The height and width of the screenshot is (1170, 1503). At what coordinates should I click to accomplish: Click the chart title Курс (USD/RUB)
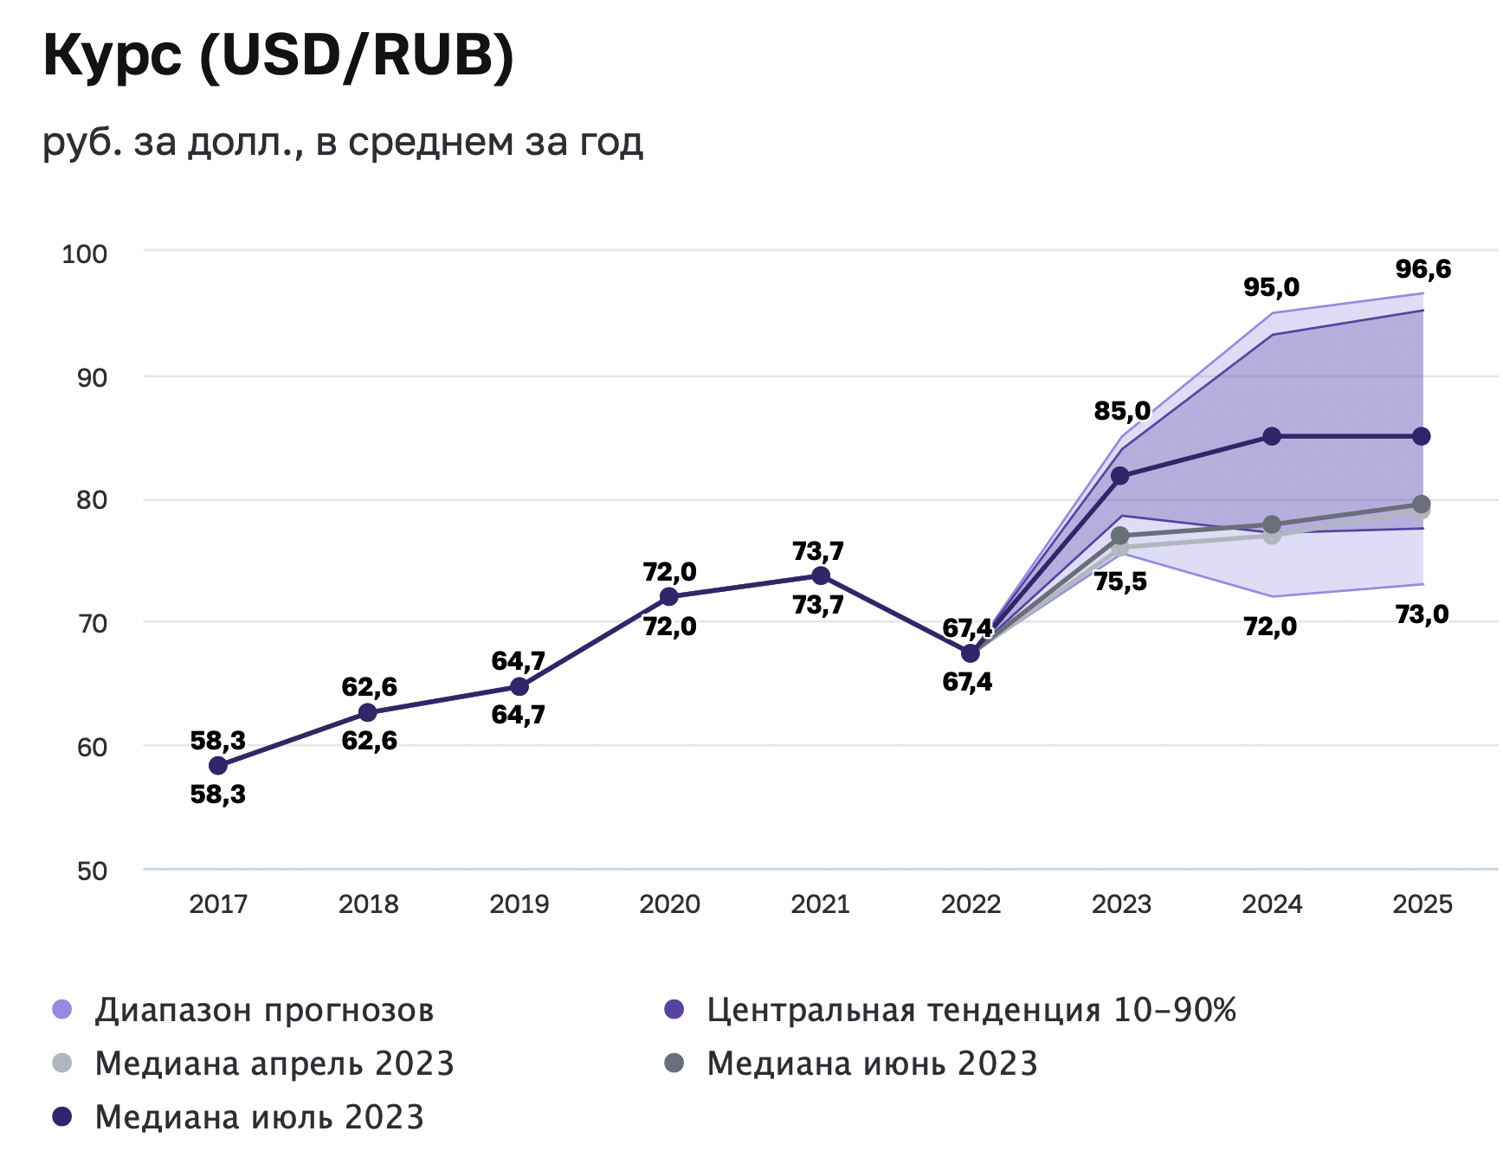[278, 56]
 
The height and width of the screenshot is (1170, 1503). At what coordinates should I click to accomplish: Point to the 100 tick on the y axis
[84, 254]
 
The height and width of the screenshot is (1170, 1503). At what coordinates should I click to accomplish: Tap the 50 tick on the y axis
[92, 871]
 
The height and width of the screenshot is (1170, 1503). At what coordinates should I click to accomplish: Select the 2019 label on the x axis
[519, 904]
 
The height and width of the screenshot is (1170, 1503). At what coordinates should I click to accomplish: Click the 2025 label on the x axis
[1422, 904]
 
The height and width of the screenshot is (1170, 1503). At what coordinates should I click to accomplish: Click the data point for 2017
[218, 766]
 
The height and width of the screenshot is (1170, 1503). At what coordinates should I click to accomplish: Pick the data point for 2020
[669, 596]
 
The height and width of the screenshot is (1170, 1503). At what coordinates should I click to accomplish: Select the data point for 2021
[820, 575]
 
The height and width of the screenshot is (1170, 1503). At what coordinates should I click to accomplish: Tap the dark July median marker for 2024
[1272, 436]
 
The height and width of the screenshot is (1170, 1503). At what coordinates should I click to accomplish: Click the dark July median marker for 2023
[1120, 476]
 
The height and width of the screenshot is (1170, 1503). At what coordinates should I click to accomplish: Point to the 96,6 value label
[1422, 269]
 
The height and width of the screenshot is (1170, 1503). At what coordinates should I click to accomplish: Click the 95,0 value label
[1271, 286]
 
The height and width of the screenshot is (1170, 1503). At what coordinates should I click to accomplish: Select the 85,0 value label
[1122, 411]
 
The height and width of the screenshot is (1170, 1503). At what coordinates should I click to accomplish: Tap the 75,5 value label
[1120, 582]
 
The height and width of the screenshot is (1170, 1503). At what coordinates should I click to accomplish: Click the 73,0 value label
[1422, 614]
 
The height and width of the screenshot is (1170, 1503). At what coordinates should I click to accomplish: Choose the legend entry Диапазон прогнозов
[264, 1010]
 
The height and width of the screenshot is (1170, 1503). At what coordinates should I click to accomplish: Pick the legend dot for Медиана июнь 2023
[674, 1063]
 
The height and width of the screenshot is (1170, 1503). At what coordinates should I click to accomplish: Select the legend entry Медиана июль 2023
[259, 1117]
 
